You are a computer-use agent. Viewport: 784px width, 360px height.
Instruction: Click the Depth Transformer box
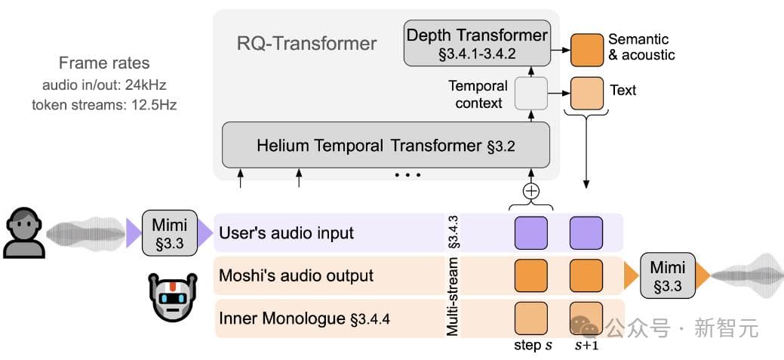tap(476, 42)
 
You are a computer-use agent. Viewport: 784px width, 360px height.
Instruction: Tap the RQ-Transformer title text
tap(306, 43)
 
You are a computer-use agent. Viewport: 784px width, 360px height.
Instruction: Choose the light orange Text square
tap(586, 91)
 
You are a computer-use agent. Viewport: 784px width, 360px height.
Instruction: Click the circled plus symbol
tap(531, 190)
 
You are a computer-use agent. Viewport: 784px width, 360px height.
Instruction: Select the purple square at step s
tap(531, 232)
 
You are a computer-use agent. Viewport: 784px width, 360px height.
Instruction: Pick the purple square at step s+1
tap(586, 232)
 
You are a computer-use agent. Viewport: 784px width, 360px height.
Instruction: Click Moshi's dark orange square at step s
tap(531, 275)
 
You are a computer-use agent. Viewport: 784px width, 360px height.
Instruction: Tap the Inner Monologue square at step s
tap(531, 318)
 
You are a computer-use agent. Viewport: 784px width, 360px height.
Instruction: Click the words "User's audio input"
tap(286, 232)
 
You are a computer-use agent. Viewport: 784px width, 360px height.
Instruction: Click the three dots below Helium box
tap(407, 175)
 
